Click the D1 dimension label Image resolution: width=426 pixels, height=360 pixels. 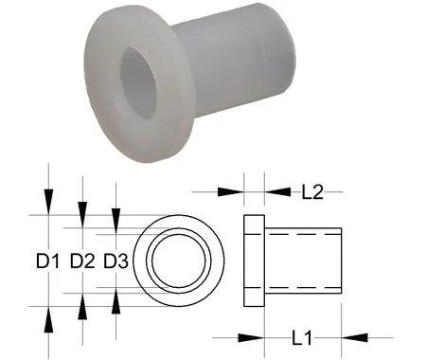pyautogui.click(x=47, y=261)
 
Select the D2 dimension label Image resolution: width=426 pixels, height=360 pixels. pyautogui.click(x=82, y=261)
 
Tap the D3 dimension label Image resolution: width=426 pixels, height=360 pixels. pyautogui.click(x=115, y=261)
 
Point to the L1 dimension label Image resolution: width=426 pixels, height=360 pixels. pyautogui.click(x=301, y=338)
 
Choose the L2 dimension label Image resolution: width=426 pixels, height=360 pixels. pyautogui.click(x=312, y=191)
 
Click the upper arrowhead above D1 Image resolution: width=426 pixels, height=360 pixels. pyautogui.click(x=48, y=202)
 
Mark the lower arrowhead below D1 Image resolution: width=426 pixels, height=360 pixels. pyautogui.click(x=48, y=319)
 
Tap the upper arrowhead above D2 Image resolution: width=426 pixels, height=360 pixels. pyautogui.click(x=82, y=215)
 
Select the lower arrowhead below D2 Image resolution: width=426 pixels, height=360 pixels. pyautogui.click(x=82, y=307)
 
